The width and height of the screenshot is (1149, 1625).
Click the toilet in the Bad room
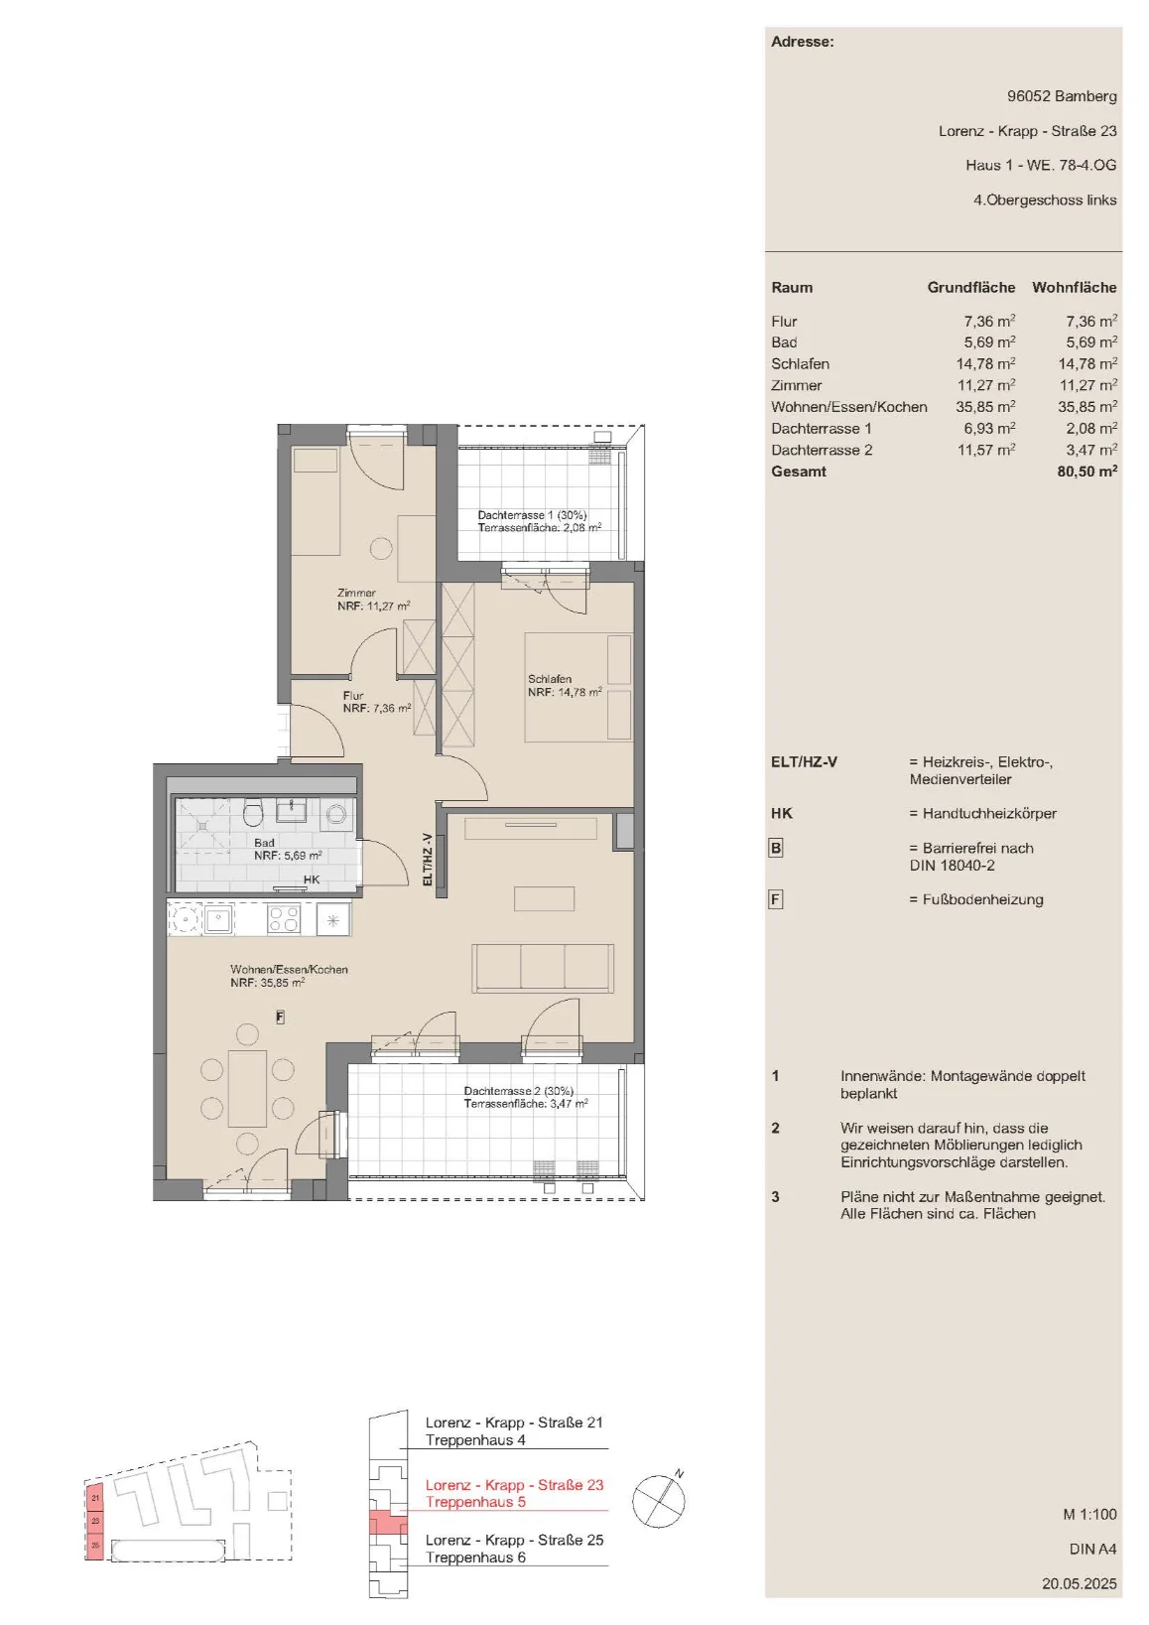point(253,813)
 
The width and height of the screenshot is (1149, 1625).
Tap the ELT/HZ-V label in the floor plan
point(428,859)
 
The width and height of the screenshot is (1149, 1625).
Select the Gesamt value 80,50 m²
point(1086,471)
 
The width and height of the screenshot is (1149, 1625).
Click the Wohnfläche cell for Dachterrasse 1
point(1091,428)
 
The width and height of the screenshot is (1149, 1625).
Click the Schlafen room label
point(550,679)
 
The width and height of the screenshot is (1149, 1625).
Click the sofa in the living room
point(543,969)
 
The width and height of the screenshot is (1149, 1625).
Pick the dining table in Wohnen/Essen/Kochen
point(247,1088)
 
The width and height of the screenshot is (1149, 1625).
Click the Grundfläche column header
point(970,287)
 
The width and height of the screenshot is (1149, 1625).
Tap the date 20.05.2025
point(1080,1583)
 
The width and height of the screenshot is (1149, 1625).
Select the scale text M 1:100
point(1089,1514)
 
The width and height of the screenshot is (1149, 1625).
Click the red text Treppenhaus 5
point(475,1502)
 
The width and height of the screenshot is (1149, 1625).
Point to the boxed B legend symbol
point(776,848)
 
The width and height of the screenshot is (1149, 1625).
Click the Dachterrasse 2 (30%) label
point(518,1091)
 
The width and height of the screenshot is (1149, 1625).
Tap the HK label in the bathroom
point(312,880)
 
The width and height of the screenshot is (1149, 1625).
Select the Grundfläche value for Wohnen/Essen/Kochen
point(985,407)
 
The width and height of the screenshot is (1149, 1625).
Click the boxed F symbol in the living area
point(281,1017)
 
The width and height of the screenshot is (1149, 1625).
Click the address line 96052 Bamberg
point(1062,95)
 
